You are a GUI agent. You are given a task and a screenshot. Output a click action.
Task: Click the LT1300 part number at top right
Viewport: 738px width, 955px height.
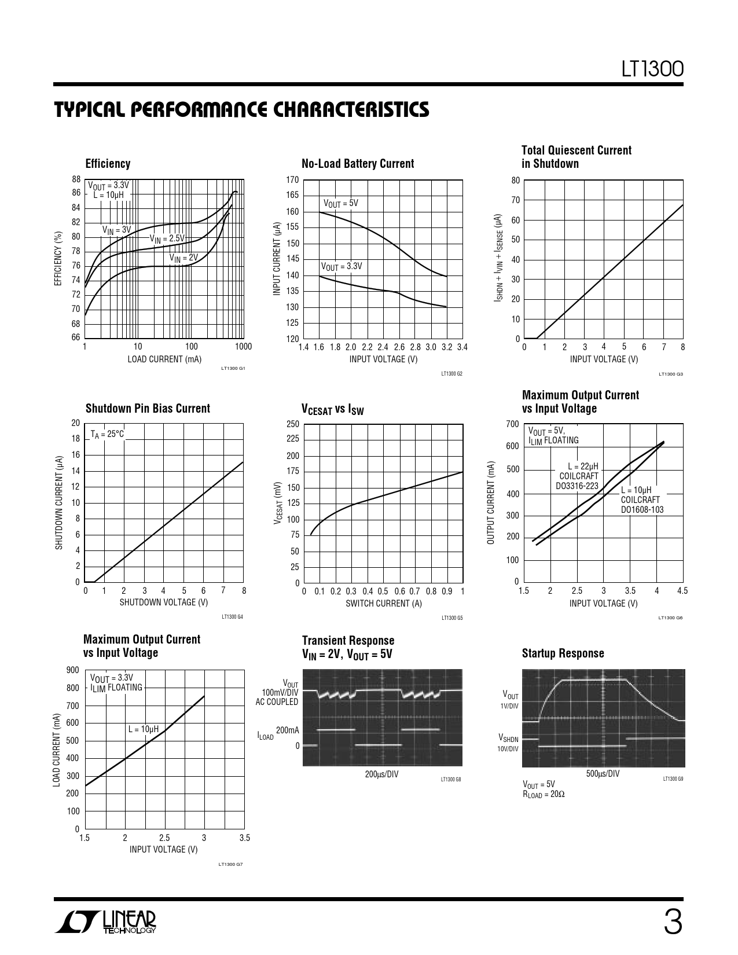(652, 69)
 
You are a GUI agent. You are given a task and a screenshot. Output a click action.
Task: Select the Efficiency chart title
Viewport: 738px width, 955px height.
(108, 164)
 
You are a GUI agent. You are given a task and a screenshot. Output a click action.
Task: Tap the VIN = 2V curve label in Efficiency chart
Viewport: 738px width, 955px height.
(183, 258)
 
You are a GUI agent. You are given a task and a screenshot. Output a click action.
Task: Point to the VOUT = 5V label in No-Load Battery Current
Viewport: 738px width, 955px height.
(340, 203)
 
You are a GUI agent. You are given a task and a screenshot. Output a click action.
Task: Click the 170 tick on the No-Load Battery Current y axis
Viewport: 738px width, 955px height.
(292, 180)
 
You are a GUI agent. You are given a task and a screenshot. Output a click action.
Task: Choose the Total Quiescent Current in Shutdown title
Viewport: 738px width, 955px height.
(576, 157)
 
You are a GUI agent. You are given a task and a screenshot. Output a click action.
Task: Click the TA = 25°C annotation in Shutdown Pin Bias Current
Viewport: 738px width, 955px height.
(107, 434)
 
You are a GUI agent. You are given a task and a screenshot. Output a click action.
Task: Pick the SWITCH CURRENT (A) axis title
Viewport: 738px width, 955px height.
(383, 603)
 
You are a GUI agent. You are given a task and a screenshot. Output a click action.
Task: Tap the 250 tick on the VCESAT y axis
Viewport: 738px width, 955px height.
(292, 424)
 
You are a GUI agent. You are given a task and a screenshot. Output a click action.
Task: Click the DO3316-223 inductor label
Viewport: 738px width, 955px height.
(577, 486)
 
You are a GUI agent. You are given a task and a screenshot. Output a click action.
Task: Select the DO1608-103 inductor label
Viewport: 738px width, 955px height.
(642, 510)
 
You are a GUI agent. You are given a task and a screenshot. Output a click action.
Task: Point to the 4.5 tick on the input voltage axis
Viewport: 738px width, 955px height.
(682, 591)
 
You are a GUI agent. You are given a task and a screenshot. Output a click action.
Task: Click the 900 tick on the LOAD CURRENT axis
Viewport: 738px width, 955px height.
(73, 670)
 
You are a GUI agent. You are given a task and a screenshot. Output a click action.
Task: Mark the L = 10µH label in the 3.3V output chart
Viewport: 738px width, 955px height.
(143, 729)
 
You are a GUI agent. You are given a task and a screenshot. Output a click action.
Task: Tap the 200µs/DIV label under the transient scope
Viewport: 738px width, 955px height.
(381, 774)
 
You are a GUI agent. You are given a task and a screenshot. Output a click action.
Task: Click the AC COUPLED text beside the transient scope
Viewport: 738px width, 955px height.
(277, 702)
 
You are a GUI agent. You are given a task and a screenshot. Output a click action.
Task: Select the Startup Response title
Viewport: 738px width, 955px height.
(563, 653)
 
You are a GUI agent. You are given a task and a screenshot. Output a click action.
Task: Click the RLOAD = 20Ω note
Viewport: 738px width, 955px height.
(544, 794)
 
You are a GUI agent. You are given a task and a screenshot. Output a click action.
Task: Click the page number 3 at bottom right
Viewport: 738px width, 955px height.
(673, 923)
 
